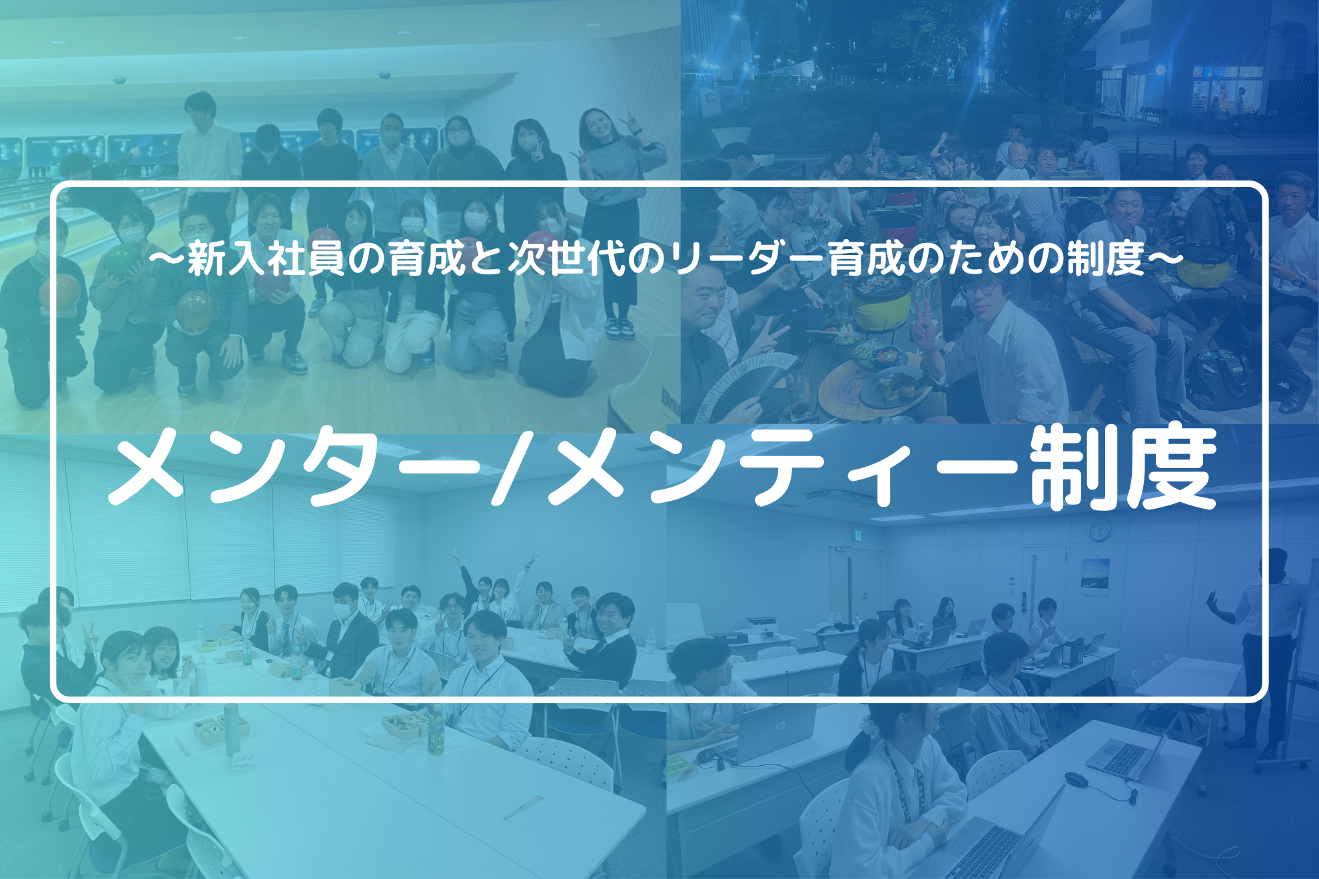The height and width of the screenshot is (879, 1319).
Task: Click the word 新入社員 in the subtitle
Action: (266, 258)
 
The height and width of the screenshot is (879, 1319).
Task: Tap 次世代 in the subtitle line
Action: (567, 258)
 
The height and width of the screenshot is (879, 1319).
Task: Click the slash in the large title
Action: (513, 466)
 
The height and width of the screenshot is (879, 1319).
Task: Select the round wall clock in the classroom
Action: (1099, 530)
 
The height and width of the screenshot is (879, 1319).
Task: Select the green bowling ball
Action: (123, 260)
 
